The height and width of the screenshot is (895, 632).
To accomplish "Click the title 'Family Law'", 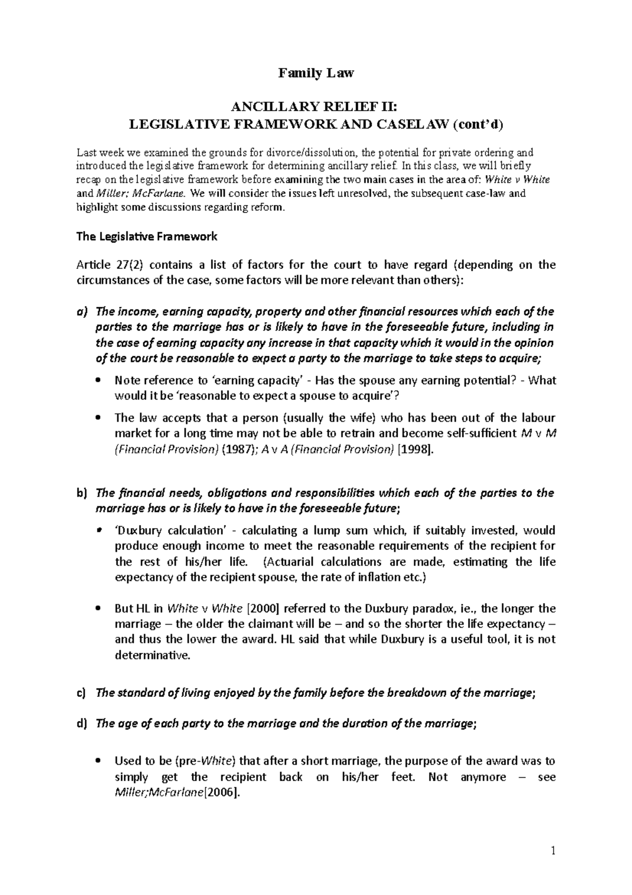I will [316, 73].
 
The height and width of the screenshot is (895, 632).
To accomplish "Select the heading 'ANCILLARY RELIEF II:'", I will [316, 109].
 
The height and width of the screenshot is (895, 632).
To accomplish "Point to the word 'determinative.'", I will [151, 656].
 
